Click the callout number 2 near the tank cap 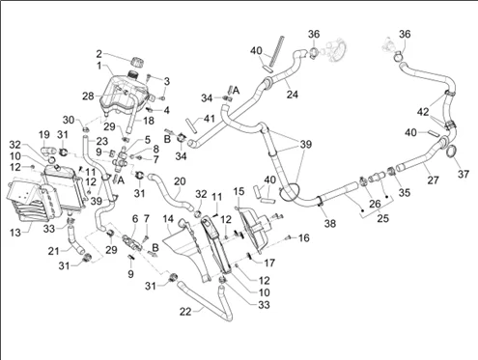[99, 54]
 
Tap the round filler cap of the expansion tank [138, 62]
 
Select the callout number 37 [464, 174]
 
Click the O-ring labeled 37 [452, 151]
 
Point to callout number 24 [293, 95]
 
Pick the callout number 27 [433, 180]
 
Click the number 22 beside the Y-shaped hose [185, 312]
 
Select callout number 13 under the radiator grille [15, 233]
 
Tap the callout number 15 [239, 191]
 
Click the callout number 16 [303, 238]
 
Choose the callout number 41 [210, 119]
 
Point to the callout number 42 [423, 112]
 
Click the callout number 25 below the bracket [382, 218]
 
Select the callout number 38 [330, 223]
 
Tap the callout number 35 [405, 192]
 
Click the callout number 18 [149, 121]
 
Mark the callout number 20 [180, 181]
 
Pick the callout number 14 [168, 219]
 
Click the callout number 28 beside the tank [88, 96]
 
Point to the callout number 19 [44, 135]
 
